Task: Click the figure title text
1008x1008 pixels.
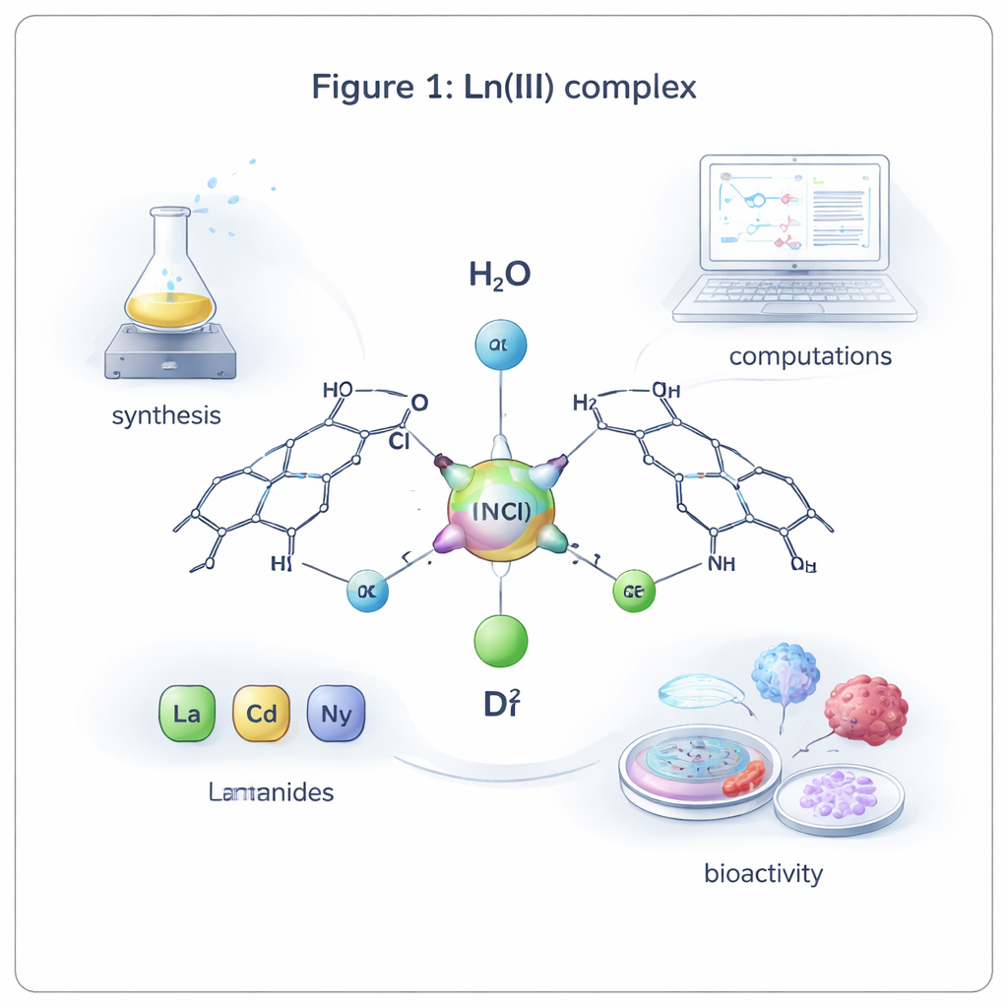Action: click(504, 87)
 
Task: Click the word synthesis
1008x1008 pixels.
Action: click(166, 415)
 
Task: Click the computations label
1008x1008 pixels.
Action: click(810, 355)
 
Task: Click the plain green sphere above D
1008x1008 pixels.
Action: click(501, 640)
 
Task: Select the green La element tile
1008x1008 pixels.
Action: click(186, 713)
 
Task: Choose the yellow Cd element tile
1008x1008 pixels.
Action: click(261, 713)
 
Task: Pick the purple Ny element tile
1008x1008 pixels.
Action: click(336, 713)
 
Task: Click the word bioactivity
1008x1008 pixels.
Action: click(763, 872)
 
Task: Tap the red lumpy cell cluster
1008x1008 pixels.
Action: click(865, 709)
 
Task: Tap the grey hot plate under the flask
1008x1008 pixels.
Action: click(170, 352)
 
